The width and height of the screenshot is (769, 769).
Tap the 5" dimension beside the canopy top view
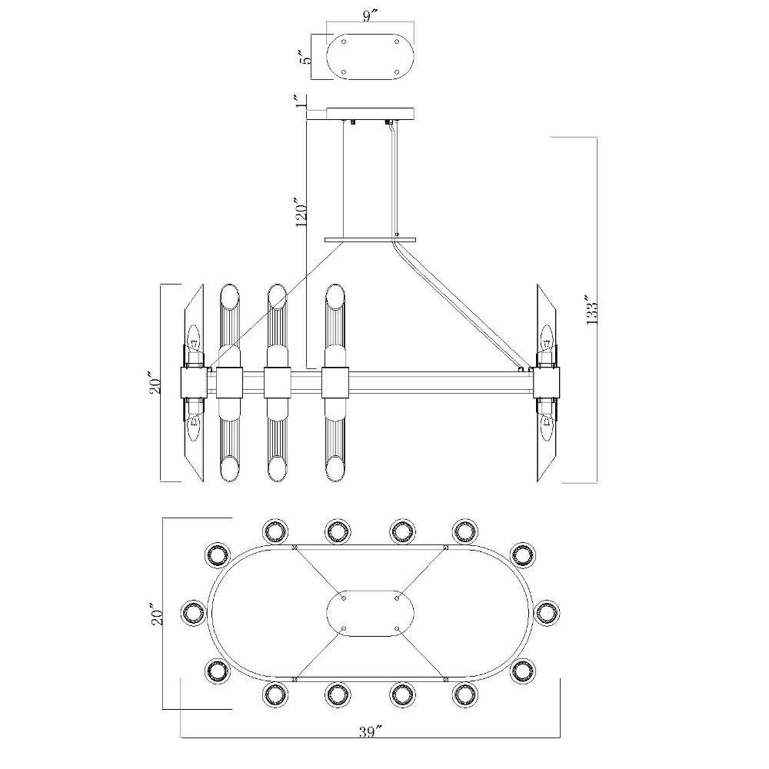pos(307,58)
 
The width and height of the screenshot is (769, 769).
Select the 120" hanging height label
pos(301,212)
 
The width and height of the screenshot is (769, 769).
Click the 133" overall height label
pos(591,311)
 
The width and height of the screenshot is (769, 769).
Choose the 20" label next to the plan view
pos(157,614)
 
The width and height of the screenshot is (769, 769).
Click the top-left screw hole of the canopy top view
pos(343,42)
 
